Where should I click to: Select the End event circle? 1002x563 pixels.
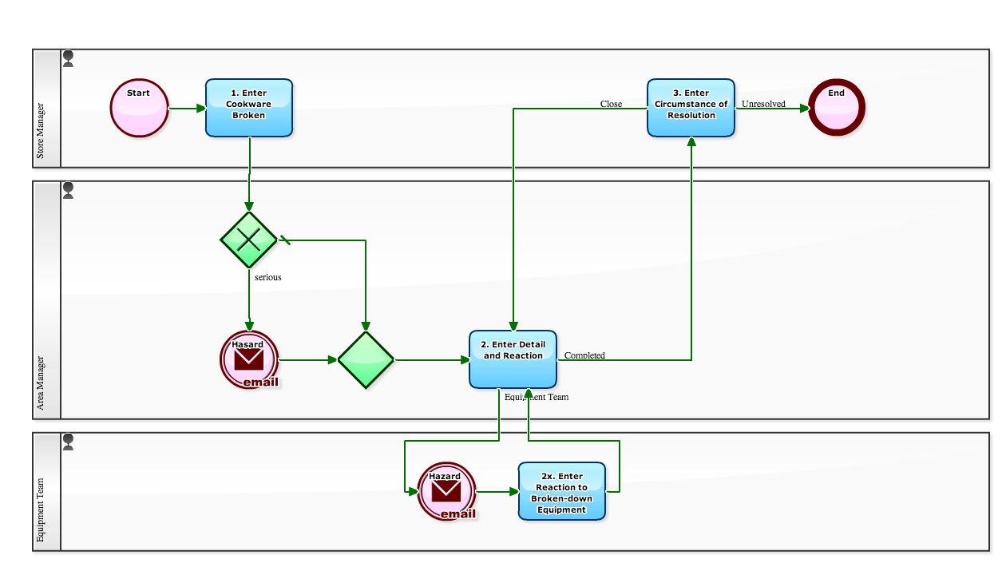(836, 108)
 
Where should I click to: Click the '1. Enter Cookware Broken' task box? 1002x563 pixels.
(249, 108)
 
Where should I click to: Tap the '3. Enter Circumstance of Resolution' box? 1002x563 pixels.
(691, 108)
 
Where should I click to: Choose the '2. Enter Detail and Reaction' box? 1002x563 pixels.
(513, 359)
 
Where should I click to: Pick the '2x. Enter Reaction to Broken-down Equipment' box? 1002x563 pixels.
(561, 491)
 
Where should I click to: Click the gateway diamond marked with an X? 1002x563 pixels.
(249, 240)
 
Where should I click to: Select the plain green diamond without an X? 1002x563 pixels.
(366, 360)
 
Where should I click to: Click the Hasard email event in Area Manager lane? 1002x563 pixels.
(249, 359)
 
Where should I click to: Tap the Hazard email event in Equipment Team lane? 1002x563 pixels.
(446, 491)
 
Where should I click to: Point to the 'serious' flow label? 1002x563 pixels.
(268, 278)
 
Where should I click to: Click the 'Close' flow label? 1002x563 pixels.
(611, 104)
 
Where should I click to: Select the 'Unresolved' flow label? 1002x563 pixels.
(763, 104)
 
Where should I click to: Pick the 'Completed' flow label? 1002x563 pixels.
(584, 355)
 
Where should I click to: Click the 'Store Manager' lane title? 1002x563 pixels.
(41, 130)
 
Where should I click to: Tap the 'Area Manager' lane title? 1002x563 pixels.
(41, 383)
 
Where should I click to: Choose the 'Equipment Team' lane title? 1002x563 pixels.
(41, 510)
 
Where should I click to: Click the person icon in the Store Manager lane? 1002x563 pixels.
(69, 58)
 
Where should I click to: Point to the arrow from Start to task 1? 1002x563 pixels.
(188, 108)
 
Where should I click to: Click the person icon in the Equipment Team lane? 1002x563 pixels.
(69, 442)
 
